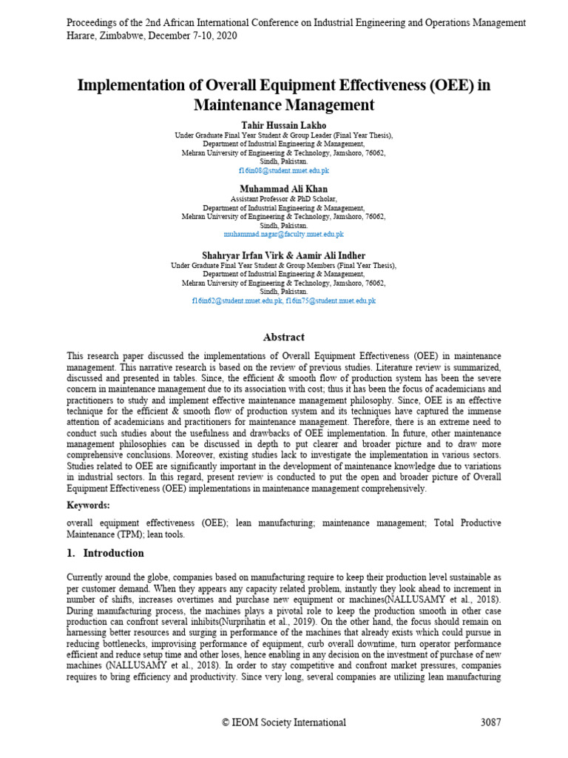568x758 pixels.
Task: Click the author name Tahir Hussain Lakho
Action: pyautogui.click(x=283, y=125)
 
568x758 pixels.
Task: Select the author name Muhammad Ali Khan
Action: pyautogui.click(x=283, y=189)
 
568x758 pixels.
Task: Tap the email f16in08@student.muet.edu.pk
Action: pyautogui.click(x=283, y=170)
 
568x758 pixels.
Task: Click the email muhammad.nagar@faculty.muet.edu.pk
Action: pyautogui.click(x=283, y=234)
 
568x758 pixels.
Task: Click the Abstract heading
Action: pyautogui.click(x=284, y=338)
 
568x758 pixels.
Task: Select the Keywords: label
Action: pyautogui.click(x=88, y=505)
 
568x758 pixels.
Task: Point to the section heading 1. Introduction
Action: pyautogui.click(x=105, y=553)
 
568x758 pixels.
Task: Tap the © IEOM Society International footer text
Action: pyautogui.click(x=284, y=722)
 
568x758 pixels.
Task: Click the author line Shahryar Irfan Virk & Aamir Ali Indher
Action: pyautogui.click(x=283, y=256)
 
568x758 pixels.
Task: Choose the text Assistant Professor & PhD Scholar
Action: pyautogui.click(x=283, y=199)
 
